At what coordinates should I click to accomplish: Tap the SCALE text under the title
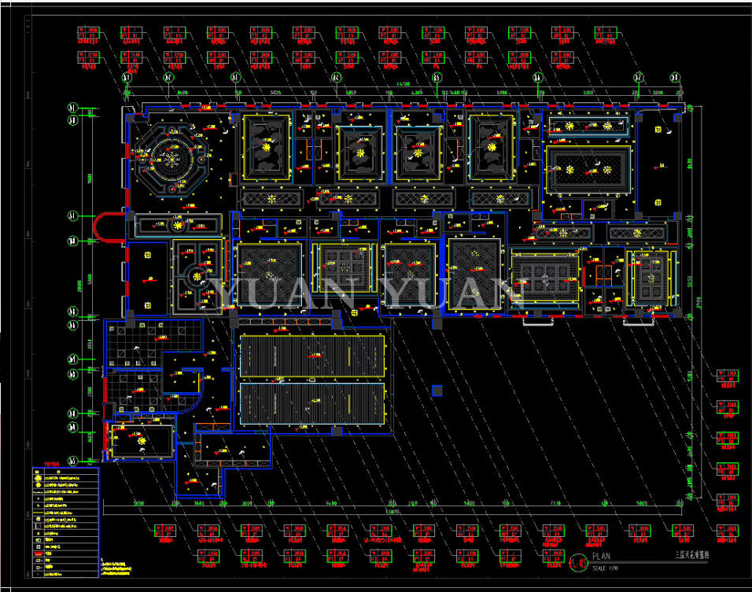click(601, 568)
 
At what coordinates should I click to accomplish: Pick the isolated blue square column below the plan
click(437, 390)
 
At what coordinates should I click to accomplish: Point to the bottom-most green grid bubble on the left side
click(72, 461)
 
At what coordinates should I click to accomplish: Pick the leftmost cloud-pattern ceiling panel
click(266, 146)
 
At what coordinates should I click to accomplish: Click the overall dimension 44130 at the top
click(404, 83)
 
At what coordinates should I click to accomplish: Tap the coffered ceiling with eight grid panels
click(544, 279)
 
